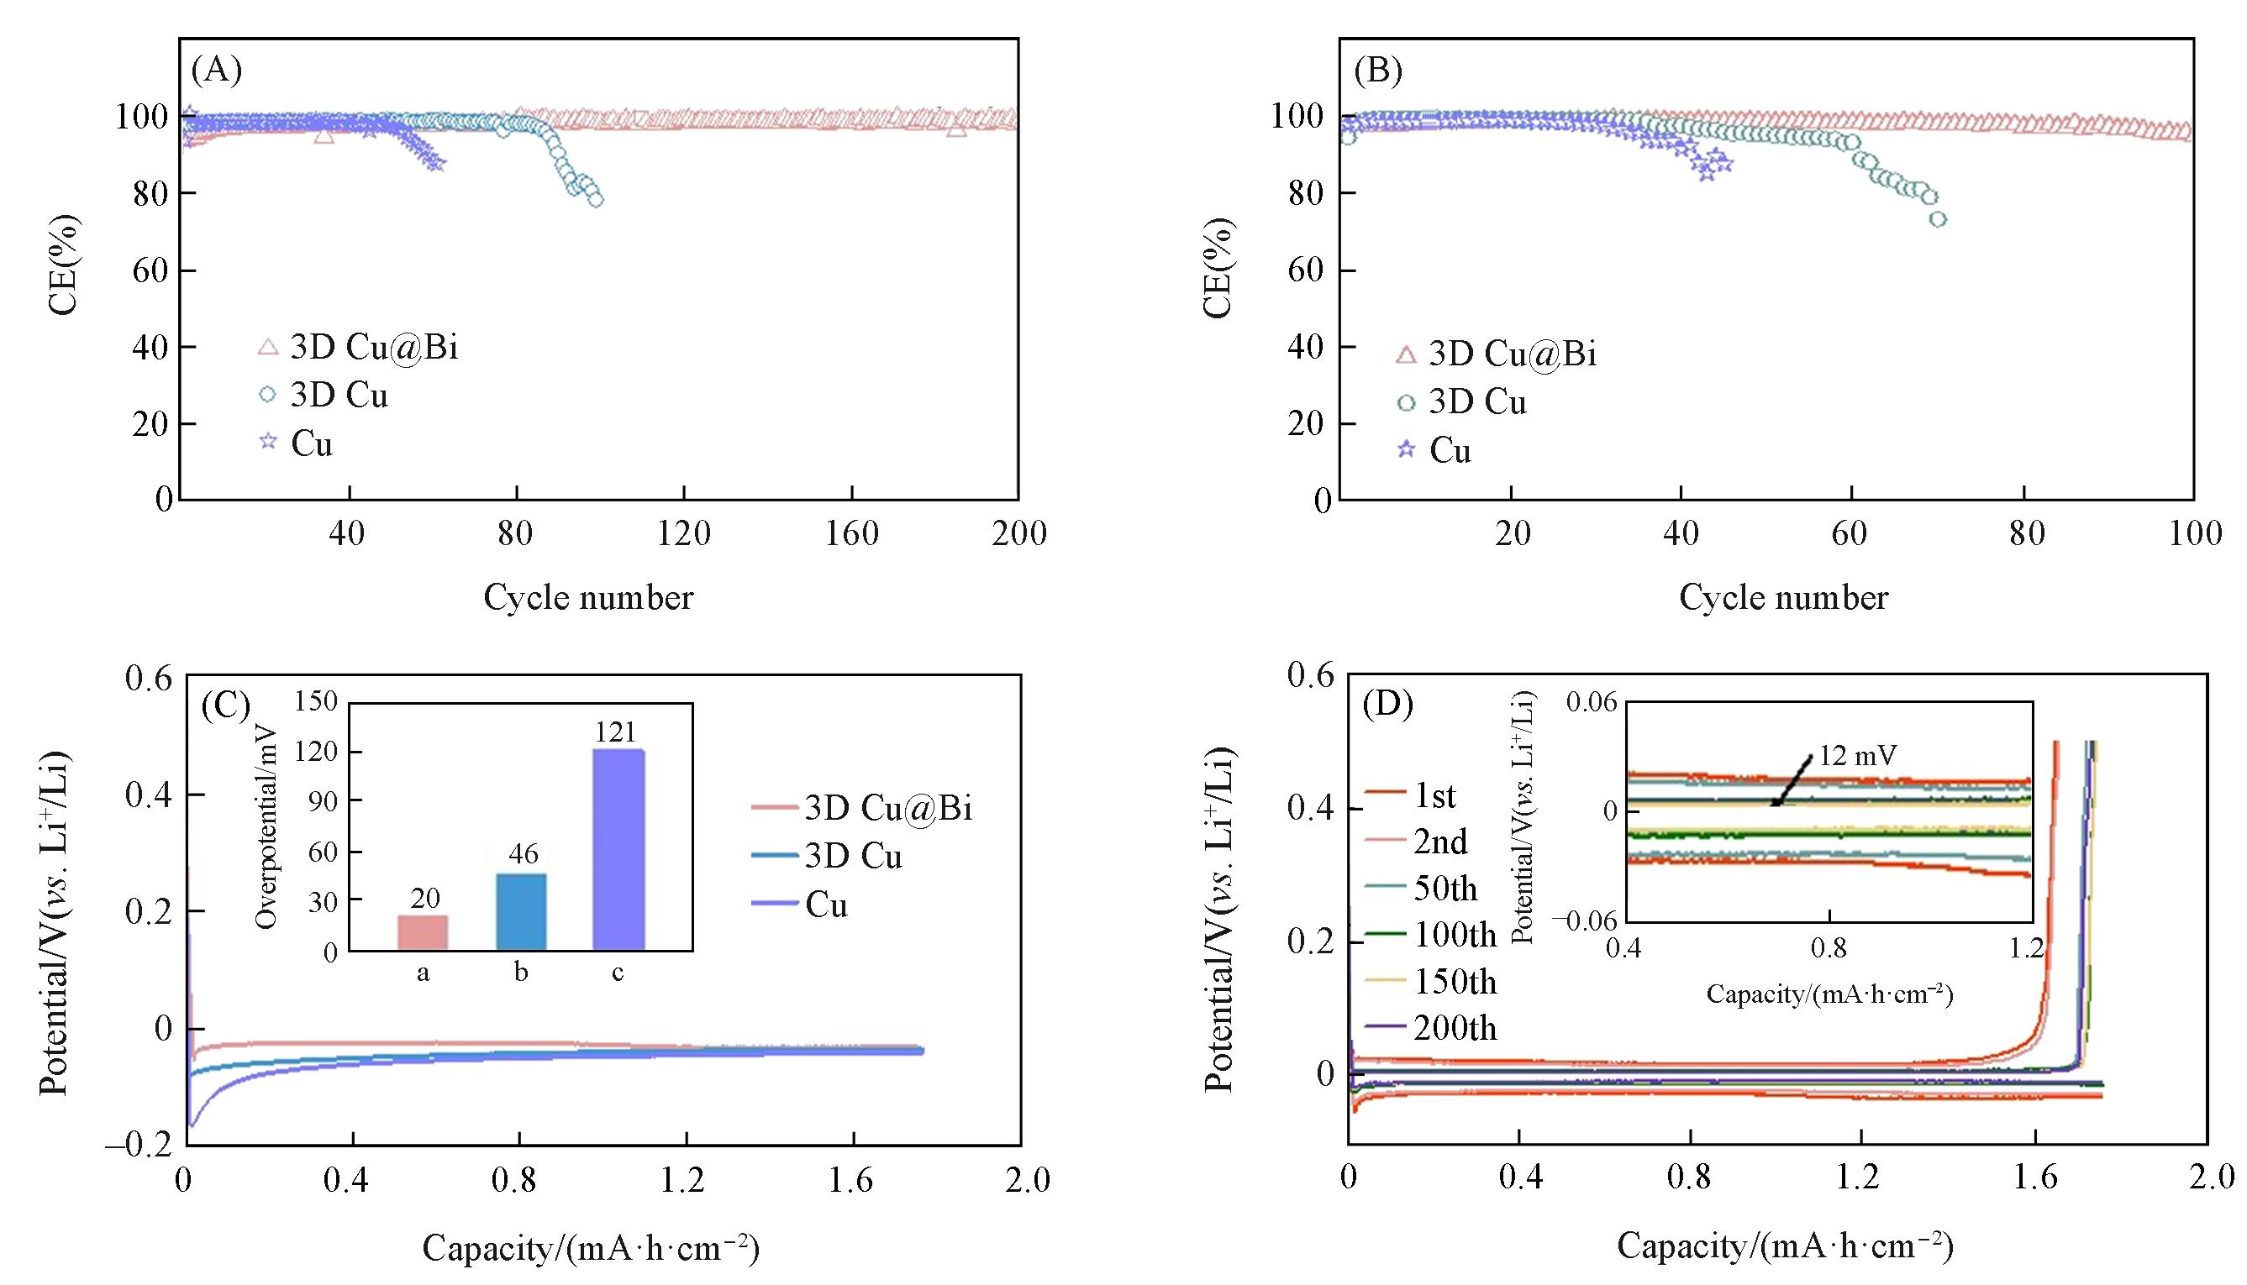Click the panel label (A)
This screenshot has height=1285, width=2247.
(x=216, y=70)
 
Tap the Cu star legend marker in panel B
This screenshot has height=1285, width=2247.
(x=1407, y=450)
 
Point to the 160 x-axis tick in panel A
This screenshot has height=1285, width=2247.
(x=852, y=533)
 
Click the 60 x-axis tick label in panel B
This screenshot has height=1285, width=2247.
(x=1850, y=533)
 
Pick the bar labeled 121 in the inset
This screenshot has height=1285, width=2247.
(x=618, y=849)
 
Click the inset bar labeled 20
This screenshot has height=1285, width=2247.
(x=423, y=932)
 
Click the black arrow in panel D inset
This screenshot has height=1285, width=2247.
(x=1792, y=780)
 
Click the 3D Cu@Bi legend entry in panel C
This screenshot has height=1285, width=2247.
(x=887, y=808)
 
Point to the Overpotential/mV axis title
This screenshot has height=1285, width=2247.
(x=266, y=827)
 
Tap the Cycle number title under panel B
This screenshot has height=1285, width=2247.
(x=1782, y=598)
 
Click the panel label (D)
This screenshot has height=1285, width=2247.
(x=1388, y=704)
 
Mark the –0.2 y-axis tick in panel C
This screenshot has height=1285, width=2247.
(x=139, y=1146)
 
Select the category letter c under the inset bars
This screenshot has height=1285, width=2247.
(x=618, y=973)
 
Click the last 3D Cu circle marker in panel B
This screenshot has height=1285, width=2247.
(x=1938, y=219)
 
